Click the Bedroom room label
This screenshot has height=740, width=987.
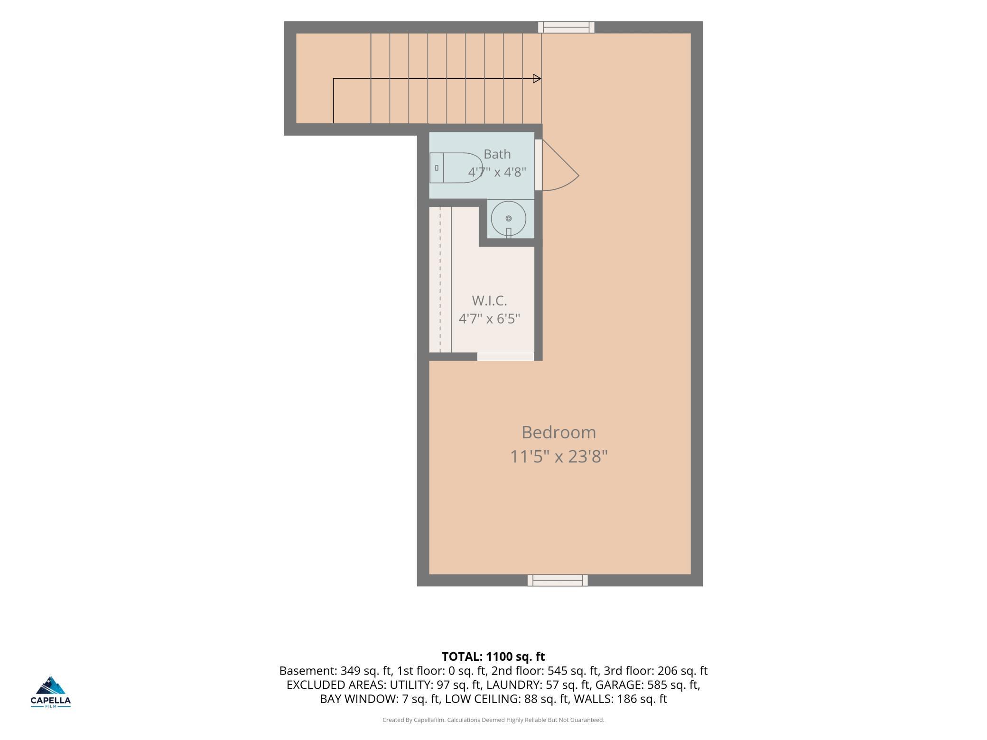point(559,433)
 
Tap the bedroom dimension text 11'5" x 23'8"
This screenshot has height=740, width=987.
point(559,457)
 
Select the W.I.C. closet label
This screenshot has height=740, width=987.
point(489,301)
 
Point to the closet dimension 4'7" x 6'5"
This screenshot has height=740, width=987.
point(489,318)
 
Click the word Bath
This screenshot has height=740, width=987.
point(497,154)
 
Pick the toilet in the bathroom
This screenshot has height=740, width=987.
point(456,167)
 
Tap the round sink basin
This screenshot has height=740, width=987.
point(509,219)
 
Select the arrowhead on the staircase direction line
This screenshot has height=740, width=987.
point(537,79)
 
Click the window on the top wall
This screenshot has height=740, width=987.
point(566,27)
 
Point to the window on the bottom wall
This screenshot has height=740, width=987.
point(558,580)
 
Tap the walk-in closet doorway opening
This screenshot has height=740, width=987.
point(506,357)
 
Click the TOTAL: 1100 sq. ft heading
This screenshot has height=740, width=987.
point(493,657)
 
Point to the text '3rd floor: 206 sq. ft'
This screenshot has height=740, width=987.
point(656,671)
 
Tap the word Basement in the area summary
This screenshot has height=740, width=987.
point(307,671)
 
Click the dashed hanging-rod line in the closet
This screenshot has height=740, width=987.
point(440,280)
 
